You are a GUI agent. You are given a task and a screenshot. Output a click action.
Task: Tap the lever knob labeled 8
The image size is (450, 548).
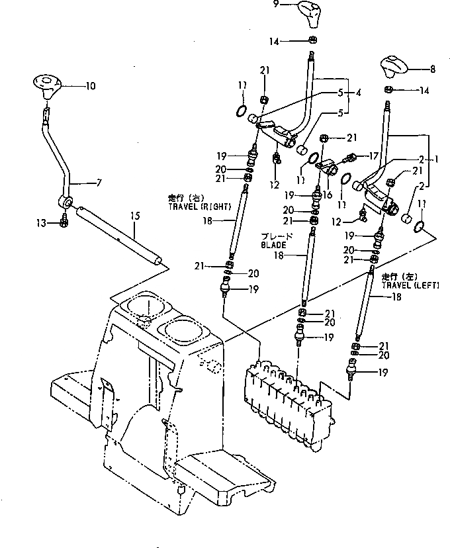tap(395, 66)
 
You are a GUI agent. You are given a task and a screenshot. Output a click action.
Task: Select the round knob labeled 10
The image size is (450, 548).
tap(47, 85)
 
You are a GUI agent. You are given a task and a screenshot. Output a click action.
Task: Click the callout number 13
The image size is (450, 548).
tap(42, 223)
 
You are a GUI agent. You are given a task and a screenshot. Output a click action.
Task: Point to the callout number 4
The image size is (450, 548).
tap(358, 93)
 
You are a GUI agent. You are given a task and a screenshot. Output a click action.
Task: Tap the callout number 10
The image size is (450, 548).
tap(91, 85)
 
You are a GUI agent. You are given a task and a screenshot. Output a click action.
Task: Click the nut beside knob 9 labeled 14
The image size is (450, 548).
tap(312, 41)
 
